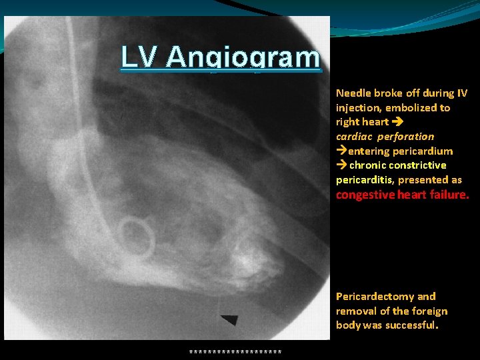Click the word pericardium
click(423, 151)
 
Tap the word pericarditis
click(365, 180)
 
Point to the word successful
click(411, 326)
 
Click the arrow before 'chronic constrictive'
click(341, 165)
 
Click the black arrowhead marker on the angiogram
click(229, 320)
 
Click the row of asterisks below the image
click(235, 351)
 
